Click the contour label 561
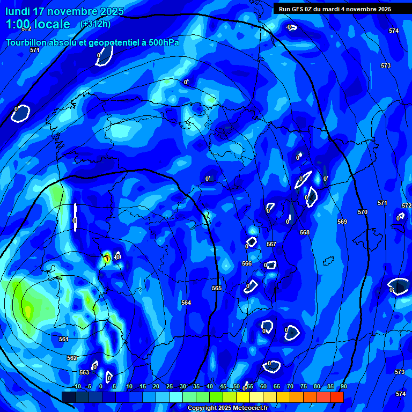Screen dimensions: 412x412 (64, 339)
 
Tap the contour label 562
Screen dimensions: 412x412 (72, 358)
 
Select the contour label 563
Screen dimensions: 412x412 (84, 372)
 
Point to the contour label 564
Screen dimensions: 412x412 (186, 303)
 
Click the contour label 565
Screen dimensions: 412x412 (217, 288)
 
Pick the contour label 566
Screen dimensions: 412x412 (247, 263)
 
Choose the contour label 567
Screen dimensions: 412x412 (271, 244)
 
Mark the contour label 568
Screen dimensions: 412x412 (305, 232)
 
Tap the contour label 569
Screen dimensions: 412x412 (342, 222)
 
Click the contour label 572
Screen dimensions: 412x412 (407, 205)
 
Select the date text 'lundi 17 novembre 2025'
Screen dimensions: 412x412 (64, 11)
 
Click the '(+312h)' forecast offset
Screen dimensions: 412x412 (95, 24)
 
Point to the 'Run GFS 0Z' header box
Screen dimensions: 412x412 (335, 9)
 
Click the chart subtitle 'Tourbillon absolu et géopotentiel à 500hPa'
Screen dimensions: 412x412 (93, 42)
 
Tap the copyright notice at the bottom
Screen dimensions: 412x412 (227, 408)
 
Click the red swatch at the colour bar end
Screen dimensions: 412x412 (336, 397)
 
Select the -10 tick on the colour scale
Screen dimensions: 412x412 (77, 386)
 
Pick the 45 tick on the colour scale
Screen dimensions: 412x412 (223, 386)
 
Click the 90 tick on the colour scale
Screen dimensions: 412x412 (343, 386)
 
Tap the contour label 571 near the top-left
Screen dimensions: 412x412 (35, 50)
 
